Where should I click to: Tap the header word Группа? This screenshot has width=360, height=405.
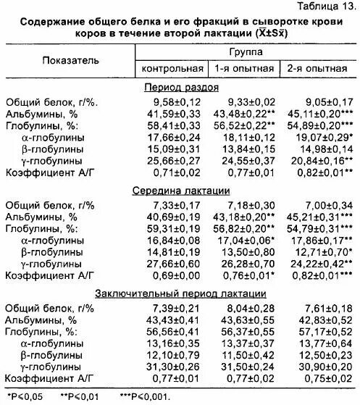click(x=245, y=53)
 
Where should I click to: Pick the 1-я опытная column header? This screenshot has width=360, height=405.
click(x=243, y=69)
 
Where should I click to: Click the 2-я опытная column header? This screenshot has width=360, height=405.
click(x=318, y=69)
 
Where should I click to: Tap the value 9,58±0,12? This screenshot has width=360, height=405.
click(x=170, y=102)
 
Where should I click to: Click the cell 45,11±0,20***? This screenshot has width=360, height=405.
click(x=321, y=114)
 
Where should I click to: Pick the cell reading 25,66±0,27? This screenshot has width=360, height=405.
click(x=170, y=160)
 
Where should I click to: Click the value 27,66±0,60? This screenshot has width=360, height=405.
click(x=170, y=264)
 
